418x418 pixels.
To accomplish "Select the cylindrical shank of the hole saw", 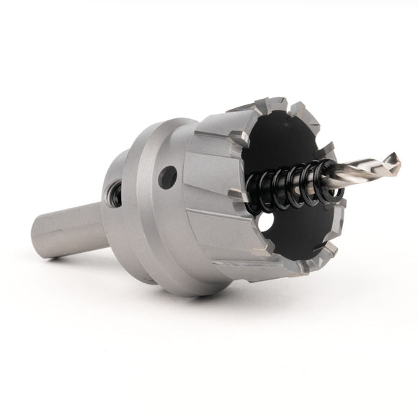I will pyautogui.click(x=68, y=228).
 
